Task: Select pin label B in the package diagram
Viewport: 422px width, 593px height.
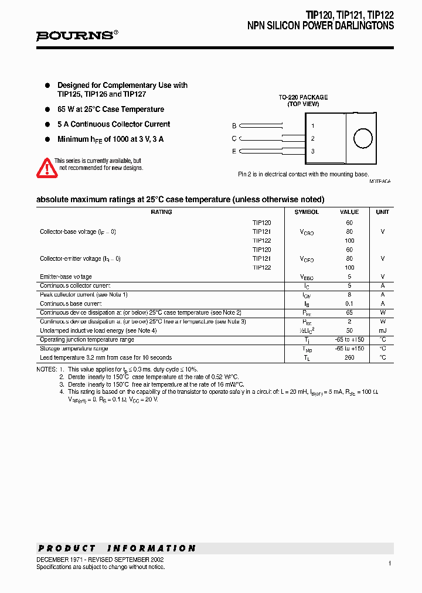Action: pyautogui.click(x=234, y=125)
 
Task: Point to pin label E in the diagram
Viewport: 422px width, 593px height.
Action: pyautogui.click(x=234, y=151)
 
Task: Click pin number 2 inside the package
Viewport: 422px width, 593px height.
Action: pyautogui.click(x=313, y=138)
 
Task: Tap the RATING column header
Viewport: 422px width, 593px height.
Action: pyautogui.click(x=161, y=212)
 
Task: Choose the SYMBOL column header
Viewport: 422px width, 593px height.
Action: pyautogui.click(x=307, y=212)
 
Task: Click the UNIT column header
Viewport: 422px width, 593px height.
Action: pyautogui.click(x=382, y=212)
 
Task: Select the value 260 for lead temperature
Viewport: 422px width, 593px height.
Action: pyautogui.click(x=349, y=357)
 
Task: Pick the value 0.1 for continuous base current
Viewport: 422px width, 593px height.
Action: pyautogui.click(x=349, y=304)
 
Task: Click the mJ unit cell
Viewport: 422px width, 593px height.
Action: pyautogui.click(x=382, y=330)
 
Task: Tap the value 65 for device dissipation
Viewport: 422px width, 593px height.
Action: pyautogui.click(x=349, y=313)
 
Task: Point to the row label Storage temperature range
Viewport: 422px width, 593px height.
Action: pyautogui.click(x=75, y=349)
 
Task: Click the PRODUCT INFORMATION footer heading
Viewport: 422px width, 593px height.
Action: pyautogui.click(x=117, y=548)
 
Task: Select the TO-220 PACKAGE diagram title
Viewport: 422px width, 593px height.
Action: pyautogui.click(x=303, y=97)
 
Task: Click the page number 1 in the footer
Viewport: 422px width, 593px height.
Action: pyautogui.click(x=389, y=563)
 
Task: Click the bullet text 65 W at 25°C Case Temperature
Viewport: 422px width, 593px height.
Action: pyautogui.click(x=111, y=109)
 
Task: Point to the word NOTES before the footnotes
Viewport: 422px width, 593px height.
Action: pyautogui.click(x=46, y=369)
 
